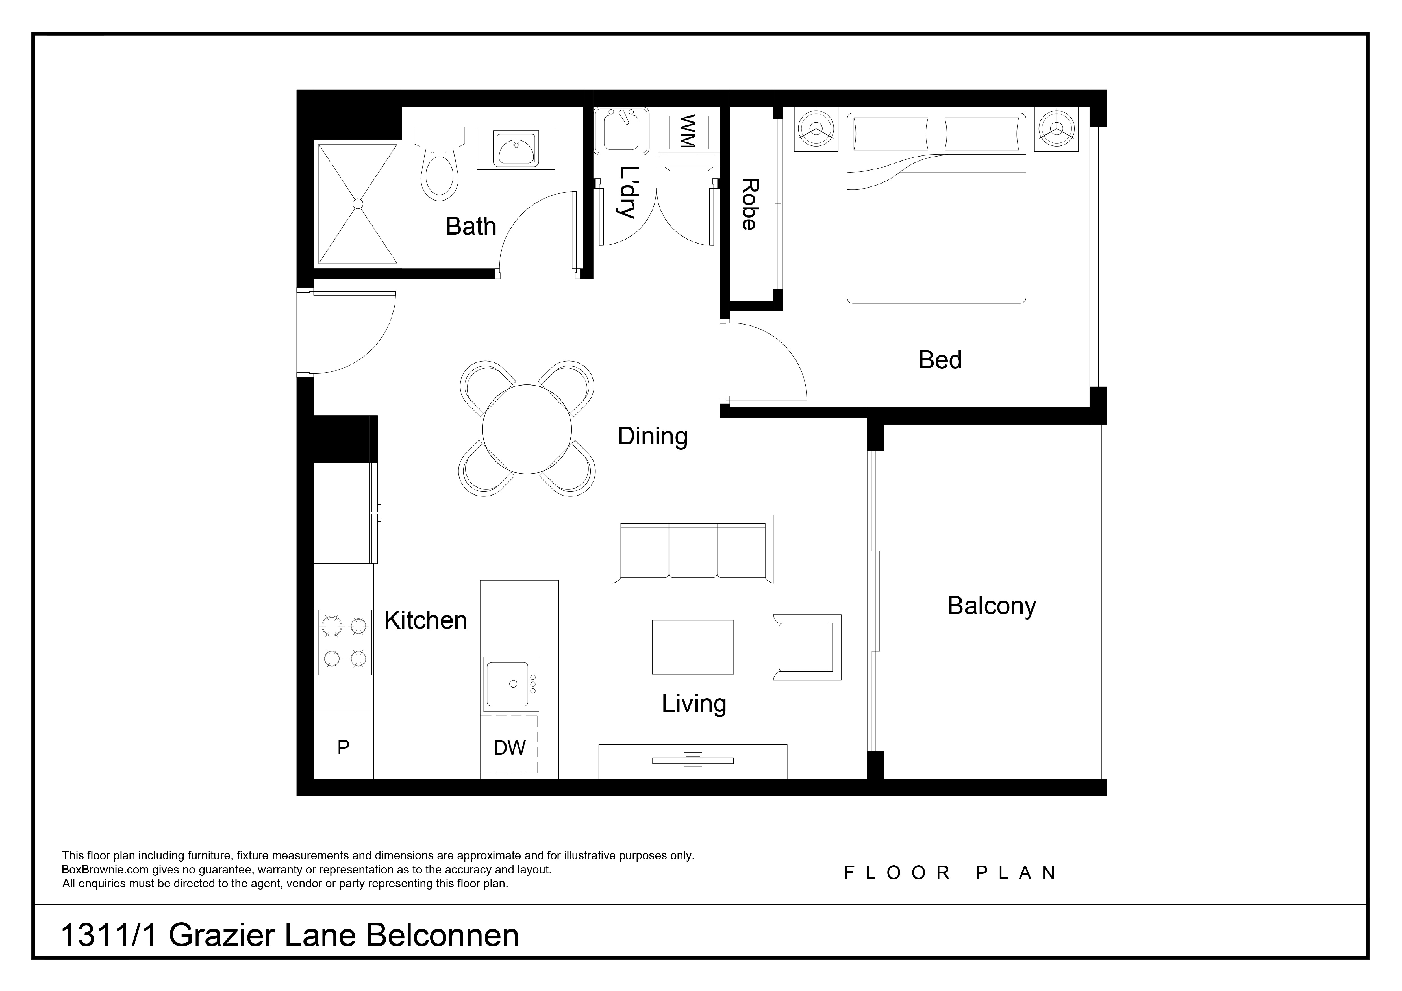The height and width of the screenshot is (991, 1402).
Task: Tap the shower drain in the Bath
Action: pyautogui.click(x=358, y=204)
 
